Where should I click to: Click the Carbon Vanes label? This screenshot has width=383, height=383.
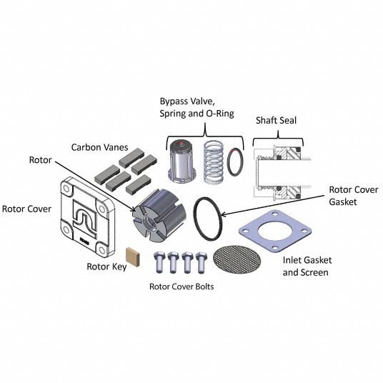pyautogui.click(x=99, y=147)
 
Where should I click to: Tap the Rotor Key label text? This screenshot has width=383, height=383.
pyautogui.click(x=106, y=267)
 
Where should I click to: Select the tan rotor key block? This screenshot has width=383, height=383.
pyautogui.click(x=133, y=257)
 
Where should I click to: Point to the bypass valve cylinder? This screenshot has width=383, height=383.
pyautogui.click(x=181, y=161)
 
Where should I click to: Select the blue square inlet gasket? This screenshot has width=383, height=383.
pyautogui.click(x=275, y=231)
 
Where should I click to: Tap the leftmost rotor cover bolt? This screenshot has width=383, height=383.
pyautogui.click(x=159, y=262)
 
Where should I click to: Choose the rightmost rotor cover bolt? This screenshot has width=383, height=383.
pyautogui.click(x=202, y=262)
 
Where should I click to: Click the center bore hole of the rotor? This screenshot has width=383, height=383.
pyautogui.click(x=148, y=223)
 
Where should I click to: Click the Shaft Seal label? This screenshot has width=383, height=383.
pyautogui.click(x=276, y=121)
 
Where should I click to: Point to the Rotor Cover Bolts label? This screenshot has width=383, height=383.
pyautogui.click(x=181, y=287)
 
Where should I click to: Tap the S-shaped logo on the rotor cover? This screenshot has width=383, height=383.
pyautogui.click(x=85, y=219)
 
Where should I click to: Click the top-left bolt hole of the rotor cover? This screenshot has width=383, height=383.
pyautogui.click(x=66, y=189)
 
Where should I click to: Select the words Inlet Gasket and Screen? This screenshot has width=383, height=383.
pyautogui.click(x=307, y=267)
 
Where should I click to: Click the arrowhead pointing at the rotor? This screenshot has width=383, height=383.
pyautogui.click(x=134, y=209)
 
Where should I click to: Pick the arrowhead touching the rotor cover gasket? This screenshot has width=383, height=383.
pyautogui.click(x=223, y=214)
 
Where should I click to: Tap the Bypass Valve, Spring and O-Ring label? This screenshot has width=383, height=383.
pyautogui.click(x=197, y=108)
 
